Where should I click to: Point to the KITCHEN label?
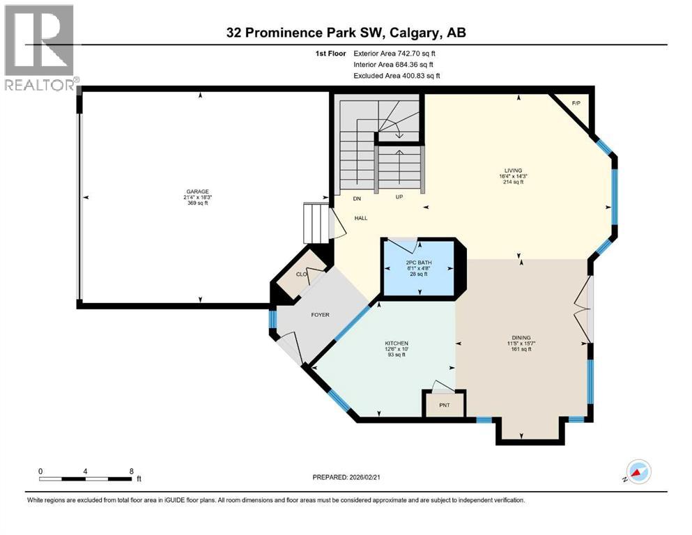pyautogui.click(x=397, y=343)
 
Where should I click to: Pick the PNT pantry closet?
pyautogui.click(x=444, y=405)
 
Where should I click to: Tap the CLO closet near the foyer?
pyautogui.click(x=302, y=274)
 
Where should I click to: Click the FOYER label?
pyautogui.click(x=320, y=315)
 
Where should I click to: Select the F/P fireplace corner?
pyautogui.click(x=576, y=104)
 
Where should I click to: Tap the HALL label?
pyautogui.click(x=360, y=218)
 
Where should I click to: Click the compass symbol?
pyautogui.click(x=639, y=472)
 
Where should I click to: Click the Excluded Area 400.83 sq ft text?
pyautogui.click(x=397, y=76)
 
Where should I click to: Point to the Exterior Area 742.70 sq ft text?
pyautogui.click(x=397, y=53)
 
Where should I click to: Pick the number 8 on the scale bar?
pyautogui.click(x=131, y=471)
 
